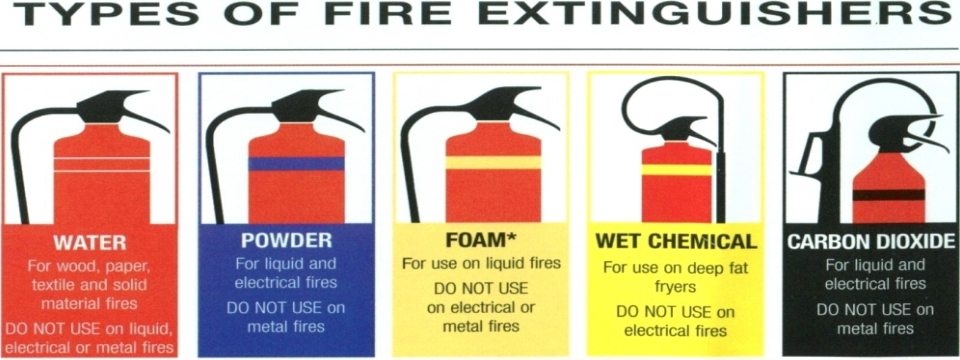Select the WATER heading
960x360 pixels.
coord(89,242)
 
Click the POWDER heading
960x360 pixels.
coord(286,241)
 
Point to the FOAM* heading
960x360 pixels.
coord(481,241)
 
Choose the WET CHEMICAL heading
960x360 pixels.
coord(676,242)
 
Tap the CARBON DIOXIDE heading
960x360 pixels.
coord(871,241)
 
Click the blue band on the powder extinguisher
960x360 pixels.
coord(296,163)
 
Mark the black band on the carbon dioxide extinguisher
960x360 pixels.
coord(888,195)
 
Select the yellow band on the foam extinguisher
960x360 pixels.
coord(493,162)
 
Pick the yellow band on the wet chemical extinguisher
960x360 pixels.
coord(677,170)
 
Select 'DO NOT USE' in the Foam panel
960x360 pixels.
coord(481,288)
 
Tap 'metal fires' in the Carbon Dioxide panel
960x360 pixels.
coord(875,329)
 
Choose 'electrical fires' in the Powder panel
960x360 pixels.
coord(285,283)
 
